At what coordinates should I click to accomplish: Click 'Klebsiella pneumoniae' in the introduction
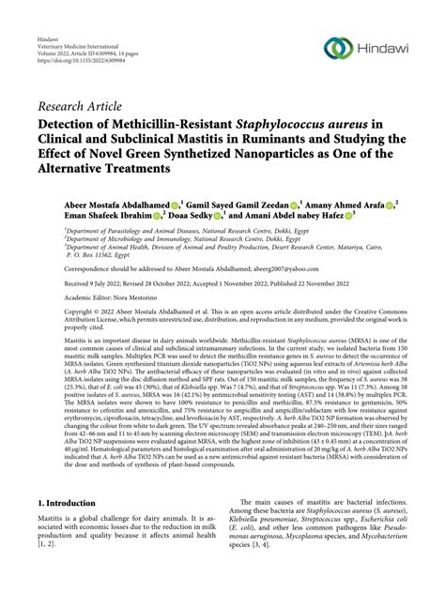coord(271,550)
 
